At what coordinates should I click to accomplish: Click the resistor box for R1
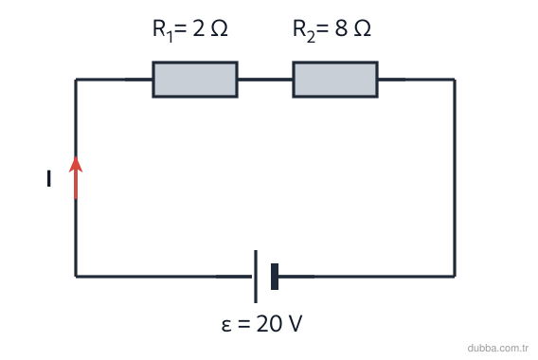click(x=195, y=80)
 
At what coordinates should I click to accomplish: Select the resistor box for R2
click(x=335, y=80)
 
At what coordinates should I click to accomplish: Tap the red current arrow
click(x=76, y=178)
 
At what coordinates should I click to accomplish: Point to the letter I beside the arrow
click(x=48, y=178)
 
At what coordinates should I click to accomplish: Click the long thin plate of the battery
click(x=256, y=277)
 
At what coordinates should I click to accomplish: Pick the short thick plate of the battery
click(x=275, y=277)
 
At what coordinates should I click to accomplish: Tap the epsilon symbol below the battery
click(x=226, y=325)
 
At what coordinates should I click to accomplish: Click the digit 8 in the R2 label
click(x=341, y=28)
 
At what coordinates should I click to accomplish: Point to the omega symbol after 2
click(x=219, y=28)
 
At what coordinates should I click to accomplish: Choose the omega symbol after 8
click(x=363, y=28)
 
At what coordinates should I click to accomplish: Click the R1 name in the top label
click(x=162, y=30)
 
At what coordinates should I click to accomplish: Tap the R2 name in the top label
click(x=304, y=30)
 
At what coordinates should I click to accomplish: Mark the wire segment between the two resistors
click(x=265, y=80)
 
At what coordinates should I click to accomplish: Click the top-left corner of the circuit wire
click(x=76, y=80)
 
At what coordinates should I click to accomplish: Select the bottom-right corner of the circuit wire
click(x=455, y=277)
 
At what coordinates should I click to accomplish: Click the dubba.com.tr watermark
click(x=498, y=348)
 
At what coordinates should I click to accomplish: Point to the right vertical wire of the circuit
click(x=455, y=178)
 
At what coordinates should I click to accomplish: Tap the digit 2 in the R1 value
click(x=199, y=28)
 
